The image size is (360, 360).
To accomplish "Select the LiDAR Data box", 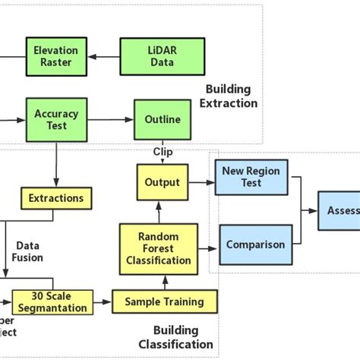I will point(152,55).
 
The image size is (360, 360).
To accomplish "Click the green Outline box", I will point(163,119).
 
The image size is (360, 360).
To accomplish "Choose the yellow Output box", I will point(162,182).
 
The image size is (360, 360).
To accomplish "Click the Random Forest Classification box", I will point(158,248).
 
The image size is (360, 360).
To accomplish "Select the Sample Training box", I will point(164,302).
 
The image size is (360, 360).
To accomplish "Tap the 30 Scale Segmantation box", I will point(52,302).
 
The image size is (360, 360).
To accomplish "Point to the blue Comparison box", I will point(255,245).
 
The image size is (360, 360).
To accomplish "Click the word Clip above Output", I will point(163,153).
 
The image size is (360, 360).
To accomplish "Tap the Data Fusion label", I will point(28,251).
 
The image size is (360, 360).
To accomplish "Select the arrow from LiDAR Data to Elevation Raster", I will point(105,55).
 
